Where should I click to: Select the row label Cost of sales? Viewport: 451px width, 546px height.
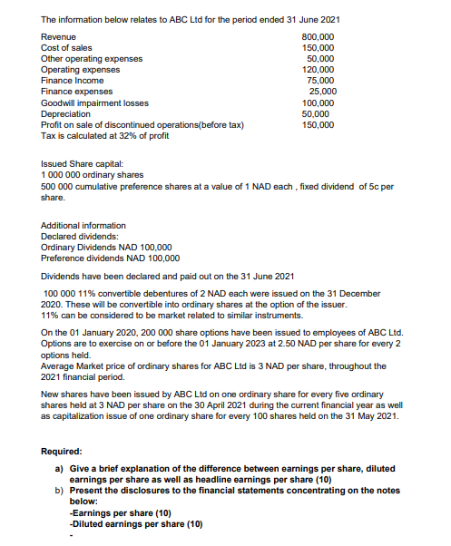[66, 47]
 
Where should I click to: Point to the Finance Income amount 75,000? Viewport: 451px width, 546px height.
[321, 80]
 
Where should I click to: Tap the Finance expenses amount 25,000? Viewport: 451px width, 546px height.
[323, 91]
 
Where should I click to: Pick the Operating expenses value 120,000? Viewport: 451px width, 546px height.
[319, 69]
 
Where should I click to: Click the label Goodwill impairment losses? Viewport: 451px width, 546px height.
[95, 102]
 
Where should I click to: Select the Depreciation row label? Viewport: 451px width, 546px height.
[66, 113]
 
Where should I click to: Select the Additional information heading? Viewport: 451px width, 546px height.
[83, 225]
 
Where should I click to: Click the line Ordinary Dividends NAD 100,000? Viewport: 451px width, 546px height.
[107, 247]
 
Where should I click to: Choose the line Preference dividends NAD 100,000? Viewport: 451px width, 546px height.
[111, 258]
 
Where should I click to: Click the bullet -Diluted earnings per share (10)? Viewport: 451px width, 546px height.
[136, 523]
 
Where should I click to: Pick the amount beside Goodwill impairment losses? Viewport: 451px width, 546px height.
[319, 102]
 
